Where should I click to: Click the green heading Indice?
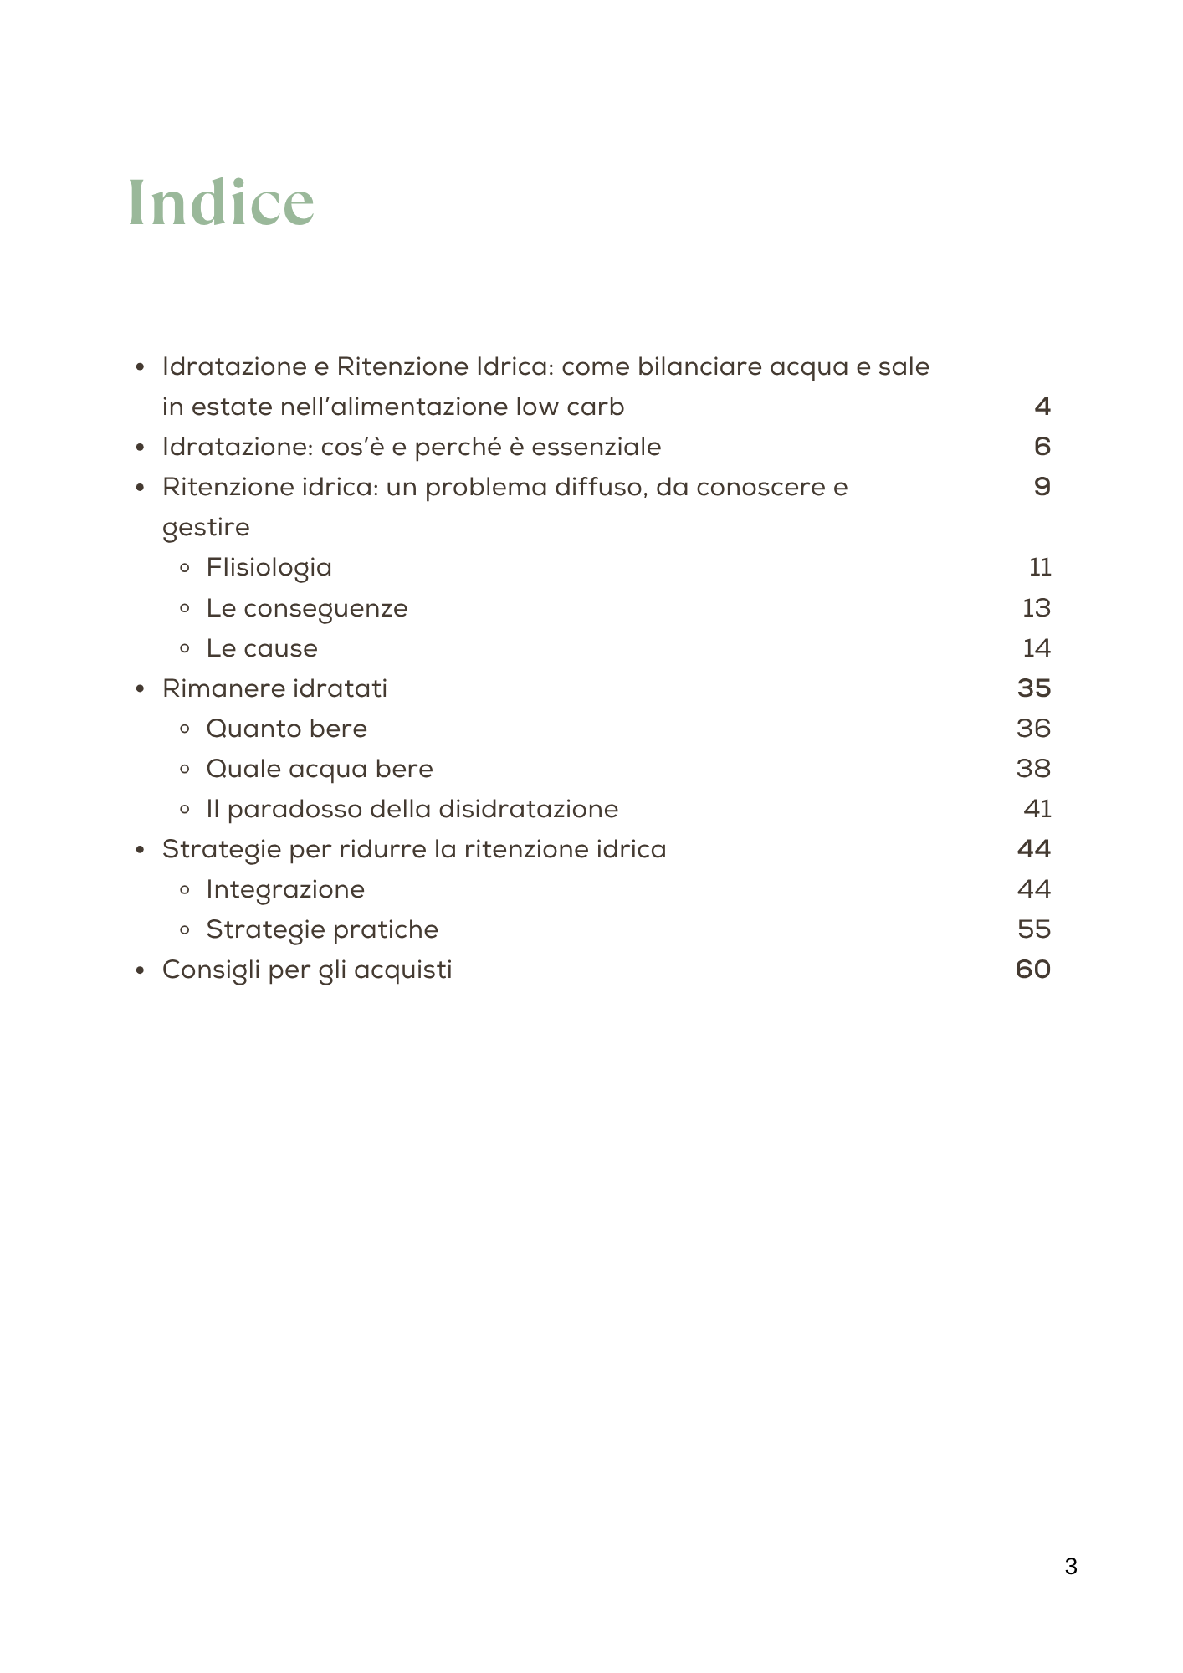[x=221, y=202]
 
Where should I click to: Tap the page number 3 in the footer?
[x=1071, y=1567]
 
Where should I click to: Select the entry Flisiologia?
[x=269, y=568]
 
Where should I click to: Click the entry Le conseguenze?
[x=306, y=608]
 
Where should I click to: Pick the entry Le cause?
[x=262, y=648]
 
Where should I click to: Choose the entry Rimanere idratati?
[x=274, y=688]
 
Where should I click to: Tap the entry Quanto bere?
[x=286, y=729]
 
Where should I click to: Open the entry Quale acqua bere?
[x=319, y=769]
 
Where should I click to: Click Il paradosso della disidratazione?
[x=412, y=809]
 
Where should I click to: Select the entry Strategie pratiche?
[x=322, y=929]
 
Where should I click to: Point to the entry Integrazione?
[x=285, y=889]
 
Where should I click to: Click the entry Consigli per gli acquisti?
[x=307, y=970]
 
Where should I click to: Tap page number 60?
[x=1033, y=970]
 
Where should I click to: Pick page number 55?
[x=1034, y=929]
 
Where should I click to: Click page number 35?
[x=1034, y=688]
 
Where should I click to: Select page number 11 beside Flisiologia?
[x=1040, y=568]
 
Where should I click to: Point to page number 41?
[x=1037, y=809]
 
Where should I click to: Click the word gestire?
[x=206, y=528]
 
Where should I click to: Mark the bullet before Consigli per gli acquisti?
[x=141, y=970]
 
